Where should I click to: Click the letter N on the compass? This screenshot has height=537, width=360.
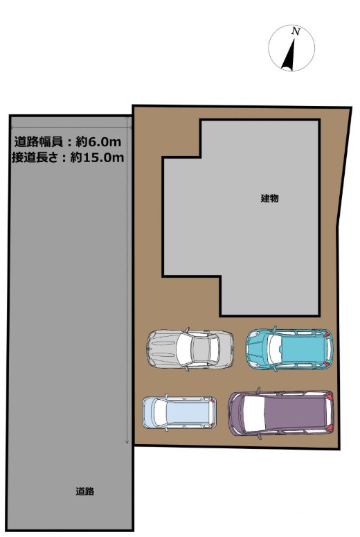296,31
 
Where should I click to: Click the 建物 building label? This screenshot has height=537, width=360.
270,198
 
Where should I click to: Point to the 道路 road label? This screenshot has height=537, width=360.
85,491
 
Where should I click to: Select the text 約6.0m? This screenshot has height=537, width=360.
98,141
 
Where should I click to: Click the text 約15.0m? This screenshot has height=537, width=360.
97,157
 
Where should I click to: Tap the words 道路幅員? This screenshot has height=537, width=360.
38,141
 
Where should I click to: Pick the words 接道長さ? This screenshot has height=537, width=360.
35,157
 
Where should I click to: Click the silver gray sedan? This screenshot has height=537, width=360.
190,349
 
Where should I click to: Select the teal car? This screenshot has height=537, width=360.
289,349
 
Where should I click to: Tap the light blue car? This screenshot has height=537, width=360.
179,412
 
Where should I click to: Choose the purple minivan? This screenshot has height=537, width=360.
280,413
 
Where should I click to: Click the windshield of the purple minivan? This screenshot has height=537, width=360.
254,414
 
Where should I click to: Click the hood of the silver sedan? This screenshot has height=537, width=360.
163,349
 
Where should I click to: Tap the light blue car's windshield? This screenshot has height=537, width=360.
160,412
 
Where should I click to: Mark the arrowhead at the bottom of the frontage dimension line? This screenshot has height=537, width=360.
127,441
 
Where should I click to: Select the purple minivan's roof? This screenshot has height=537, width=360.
294,413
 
